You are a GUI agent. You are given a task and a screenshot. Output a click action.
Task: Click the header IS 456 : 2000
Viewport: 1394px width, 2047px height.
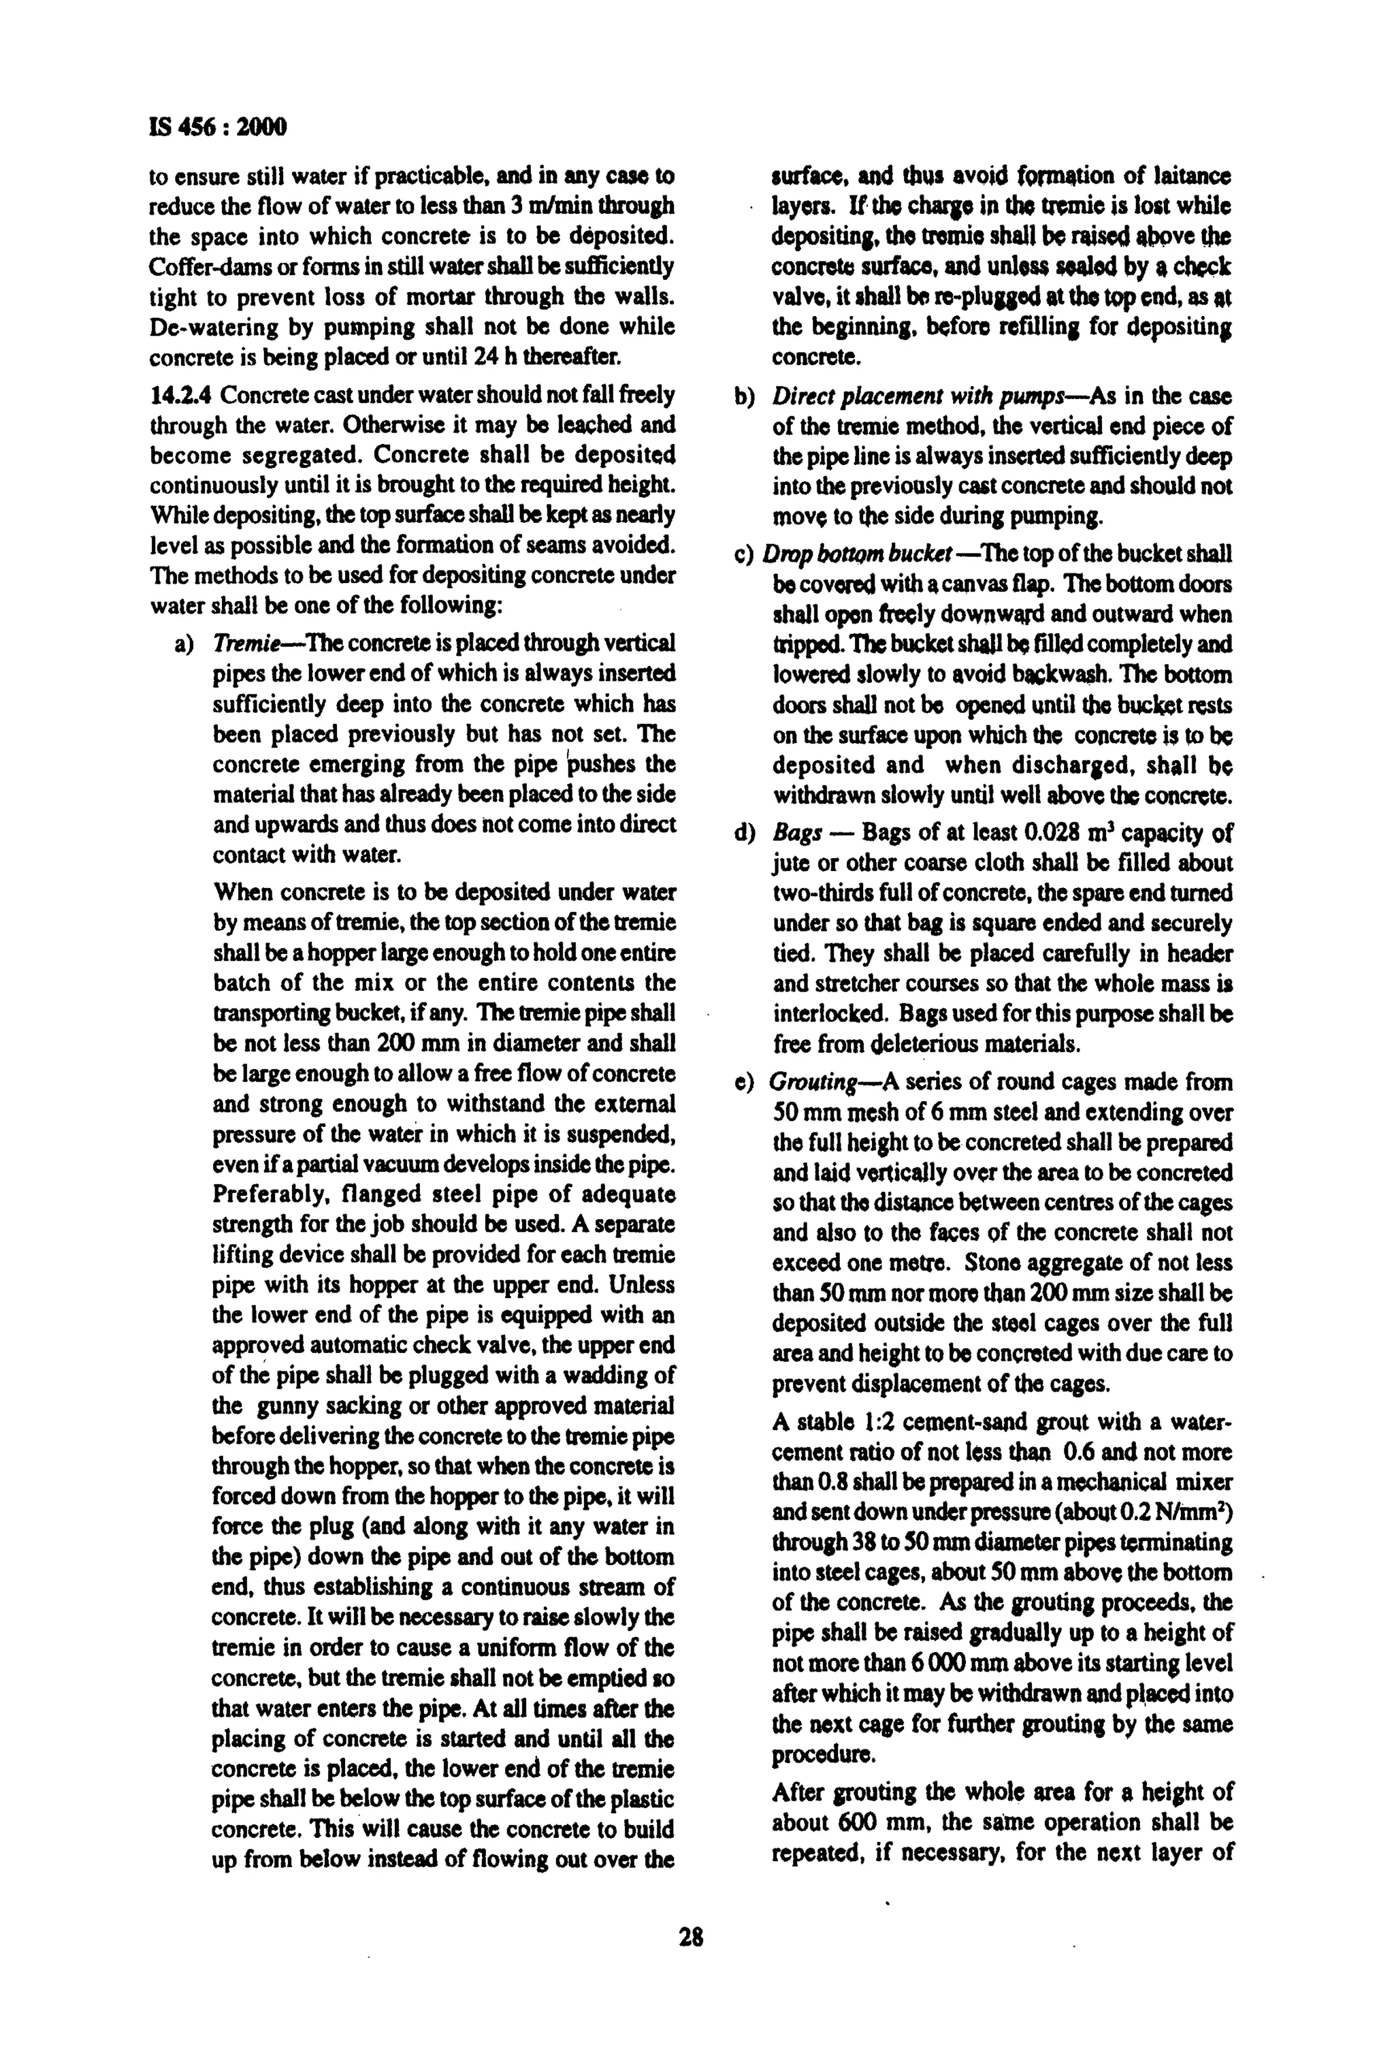(218, 129)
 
